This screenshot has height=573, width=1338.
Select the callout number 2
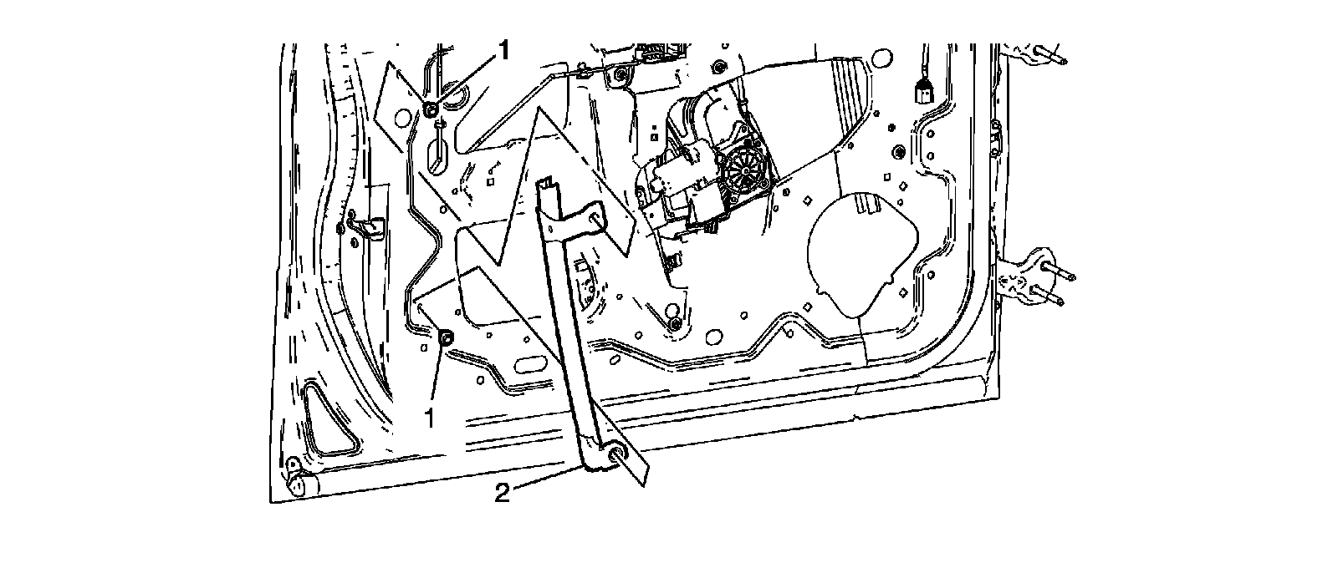[x=502, y=493]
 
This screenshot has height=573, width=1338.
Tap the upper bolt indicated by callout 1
[x=432, y=109]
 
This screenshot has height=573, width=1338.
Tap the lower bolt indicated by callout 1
[x=446, y=337]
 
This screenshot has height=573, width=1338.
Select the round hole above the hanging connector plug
[x=880, y=57]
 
